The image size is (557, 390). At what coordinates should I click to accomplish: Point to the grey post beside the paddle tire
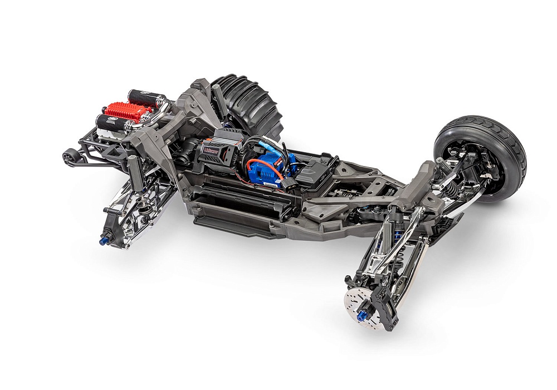pos(219,103)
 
